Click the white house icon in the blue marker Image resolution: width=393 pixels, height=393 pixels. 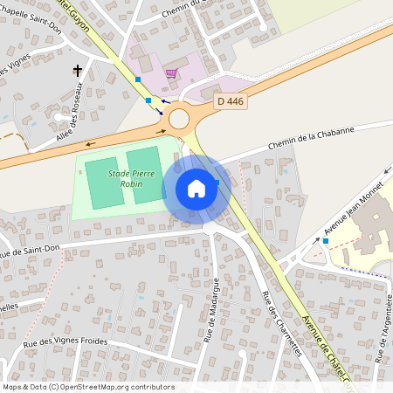[196, 189]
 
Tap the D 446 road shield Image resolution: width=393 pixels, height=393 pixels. [231, 101]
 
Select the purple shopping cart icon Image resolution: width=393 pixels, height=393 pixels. [170, 73]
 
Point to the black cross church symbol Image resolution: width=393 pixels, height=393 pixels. [77, 71]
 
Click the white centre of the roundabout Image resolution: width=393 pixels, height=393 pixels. [181, 117]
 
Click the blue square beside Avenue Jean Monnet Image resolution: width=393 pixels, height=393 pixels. [325, 240]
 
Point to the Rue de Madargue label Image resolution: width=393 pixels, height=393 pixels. [210, 310]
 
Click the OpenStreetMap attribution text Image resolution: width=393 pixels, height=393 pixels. [88, 387]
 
